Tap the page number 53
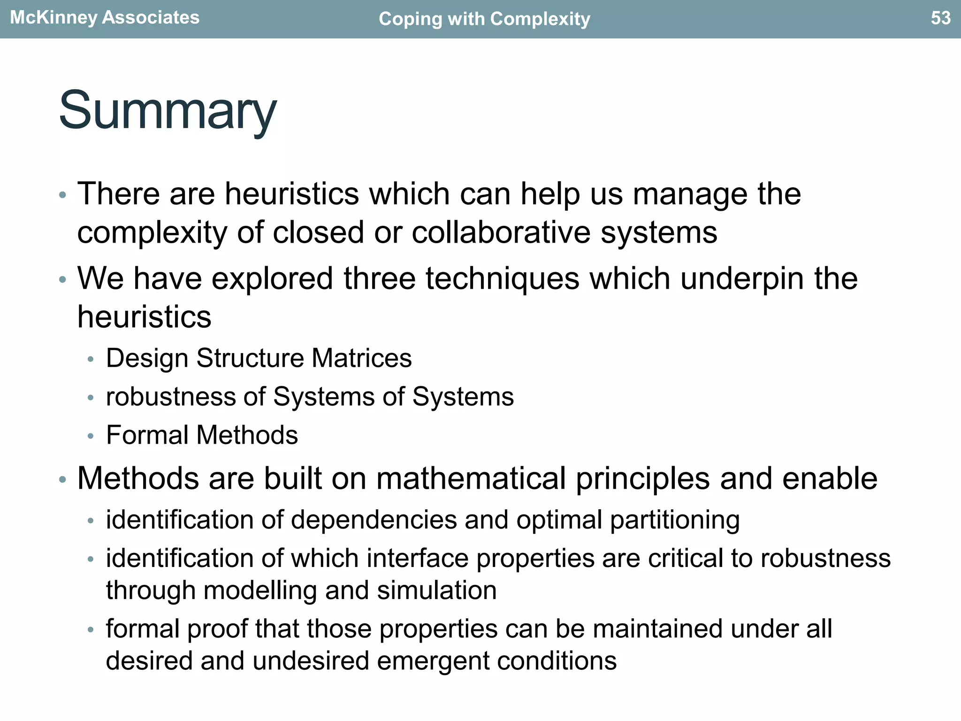coord(940,18)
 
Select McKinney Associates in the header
coord(105,17)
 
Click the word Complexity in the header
coord(540,19)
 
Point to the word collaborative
coord(501,232)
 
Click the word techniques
coord(503,278)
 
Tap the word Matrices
coord(361,358)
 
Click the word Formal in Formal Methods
coord(147,435)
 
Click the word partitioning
coord(675,520)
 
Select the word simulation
coord(436,590)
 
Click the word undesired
coord(310,661)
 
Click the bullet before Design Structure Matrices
coord(91,360)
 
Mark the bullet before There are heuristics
coord(62,195)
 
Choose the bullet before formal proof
coord(91,630)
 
